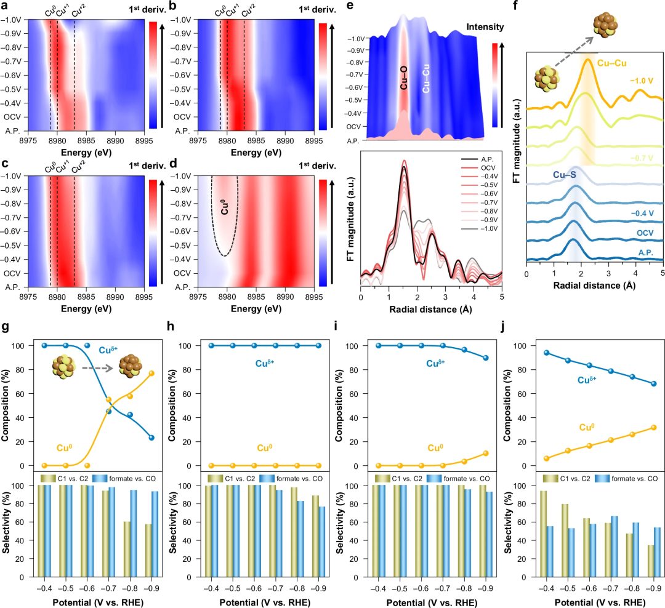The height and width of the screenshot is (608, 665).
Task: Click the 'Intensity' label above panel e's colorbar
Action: click(486, 27)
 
